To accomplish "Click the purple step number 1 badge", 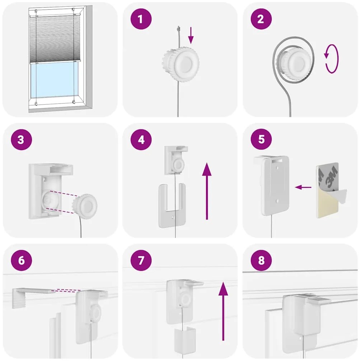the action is (141, 19).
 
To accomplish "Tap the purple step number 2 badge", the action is (261, 19).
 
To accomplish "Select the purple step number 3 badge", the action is (21, 139).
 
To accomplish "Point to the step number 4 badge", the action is (141, 139).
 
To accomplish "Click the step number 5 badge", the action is (261, 139).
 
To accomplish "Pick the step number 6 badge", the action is (21, 260).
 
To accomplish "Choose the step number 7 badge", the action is (141, 260).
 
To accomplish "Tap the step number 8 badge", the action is (261, 260).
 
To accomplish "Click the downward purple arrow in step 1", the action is (191, 35).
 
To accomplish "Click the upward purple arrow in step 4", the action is (207, 191).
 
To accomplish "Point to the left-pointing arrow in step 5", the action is (303, 187).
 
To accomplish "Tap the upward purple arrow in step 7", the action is (223, 311).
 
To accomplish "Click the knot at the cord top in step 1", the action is (178, 29).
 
